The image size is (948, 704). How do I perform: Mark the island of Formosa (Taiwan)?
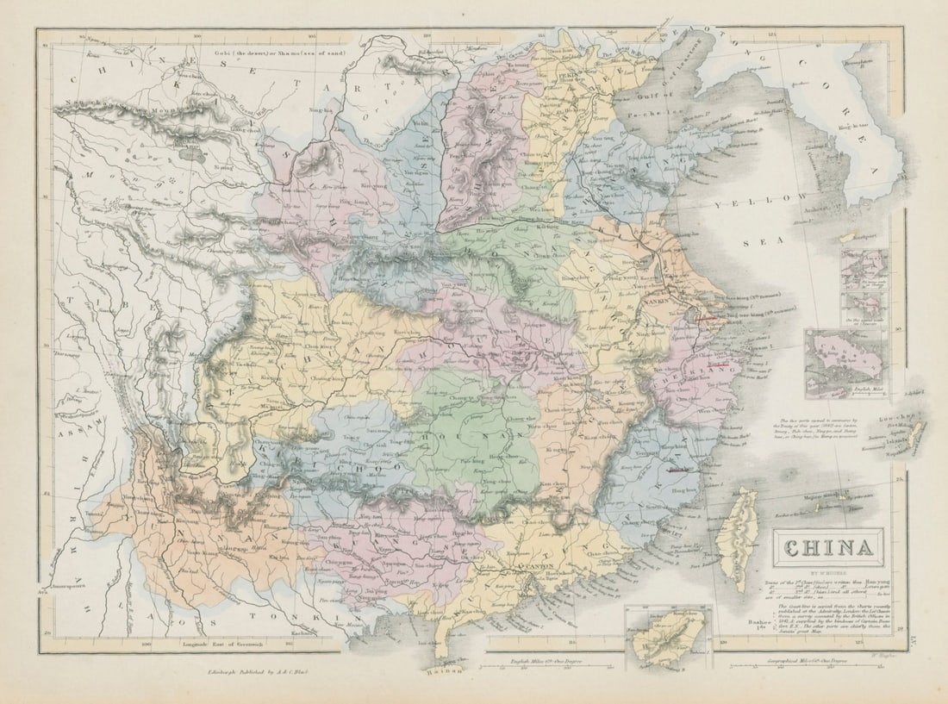pyautogui.click(x=737, y=539)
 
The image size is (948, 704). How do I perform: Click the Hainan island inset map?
pyautogui.click(x=668, y=636)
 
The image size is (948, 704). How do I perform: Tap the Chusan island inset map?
pyautogui.click(x=845, y=362)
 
